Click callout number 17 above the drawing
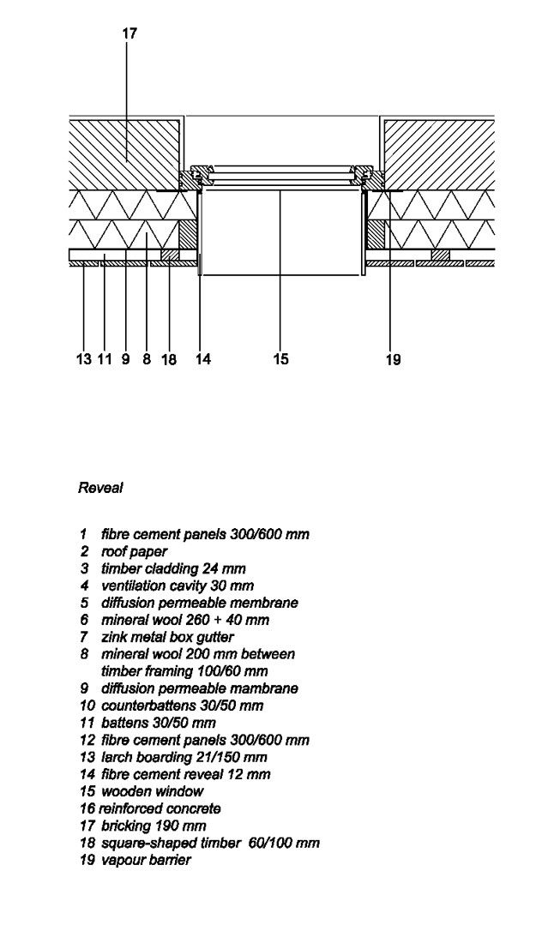(129, 33)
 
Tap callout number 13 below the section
(83, 360)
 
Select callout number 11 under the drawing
(105, 360)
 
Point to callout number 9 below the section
(126, 360)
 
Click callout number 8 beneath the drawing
(147, 360)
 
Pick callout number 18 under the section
(169, 360)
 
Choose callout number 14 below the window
(202, 360)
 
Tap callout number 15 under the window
(280, 360)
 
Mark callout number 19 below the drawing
(393, 360)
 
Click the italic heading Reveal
(100, 488)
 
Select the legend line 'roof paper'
(134, 551)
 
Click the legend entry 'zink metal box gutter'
(167, 637)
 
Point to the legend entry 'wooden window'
(152, 791)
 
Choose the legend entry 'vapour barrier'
(146, 860)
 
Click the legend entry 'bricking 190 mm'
(154, 826)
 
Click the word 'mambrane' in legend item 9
(262, 688)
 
